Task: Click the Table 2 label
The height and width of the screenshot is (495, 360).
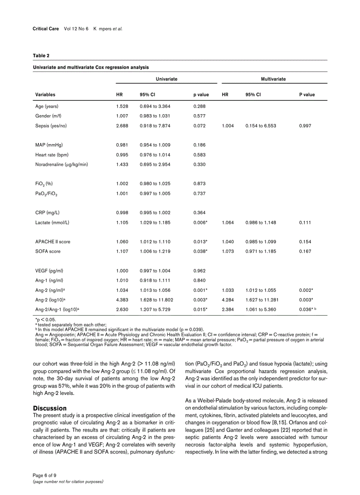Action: point(41,56)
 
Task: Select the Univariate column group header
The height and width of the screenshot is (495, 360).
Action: point(166,79)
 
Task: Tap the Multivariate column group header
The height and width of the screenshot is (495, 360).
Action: point(274,79)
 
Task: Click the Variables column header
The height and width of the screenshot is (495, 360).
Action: point(45,94)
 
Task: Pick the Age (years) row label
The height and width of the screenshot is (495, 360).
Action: point(47,106)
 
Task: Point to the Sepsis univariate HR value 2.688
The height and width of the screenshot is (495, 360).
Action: point(122,126)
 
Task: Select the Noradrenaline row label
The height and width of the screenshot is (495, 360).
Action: point(61,164)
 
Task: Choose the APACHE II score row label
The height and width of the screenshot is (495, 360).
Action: point(52,242)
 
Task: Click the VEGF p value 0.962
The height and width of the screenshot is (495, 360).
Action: point(199,271)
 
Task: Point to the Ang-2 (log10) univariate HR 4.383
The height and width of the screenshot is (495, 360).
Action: point(122,300)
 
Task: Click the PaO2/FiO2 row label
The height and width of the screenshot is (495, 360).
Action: point(46,194)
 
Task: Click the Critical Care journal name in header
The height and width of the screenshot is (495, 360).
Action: point(46,29)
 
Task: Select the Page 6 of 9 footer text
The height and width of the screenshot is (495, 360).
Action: point(45,475)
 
